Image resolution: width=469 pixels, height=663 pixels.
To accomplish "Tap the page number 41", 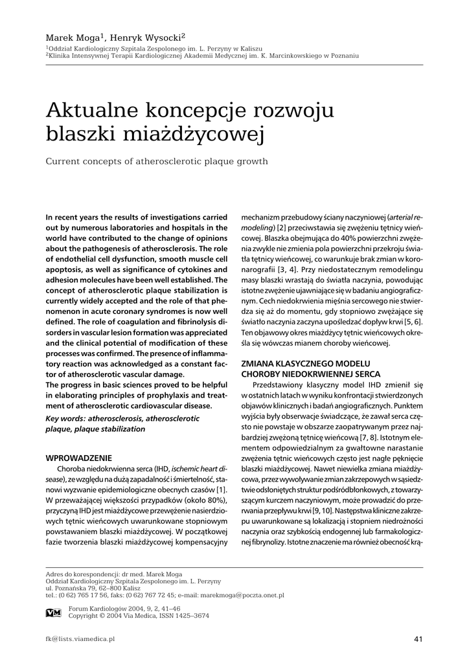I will pos(418,640).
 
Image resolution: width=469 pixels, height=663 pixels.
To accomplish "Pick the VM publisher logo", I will pos(54,612).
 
